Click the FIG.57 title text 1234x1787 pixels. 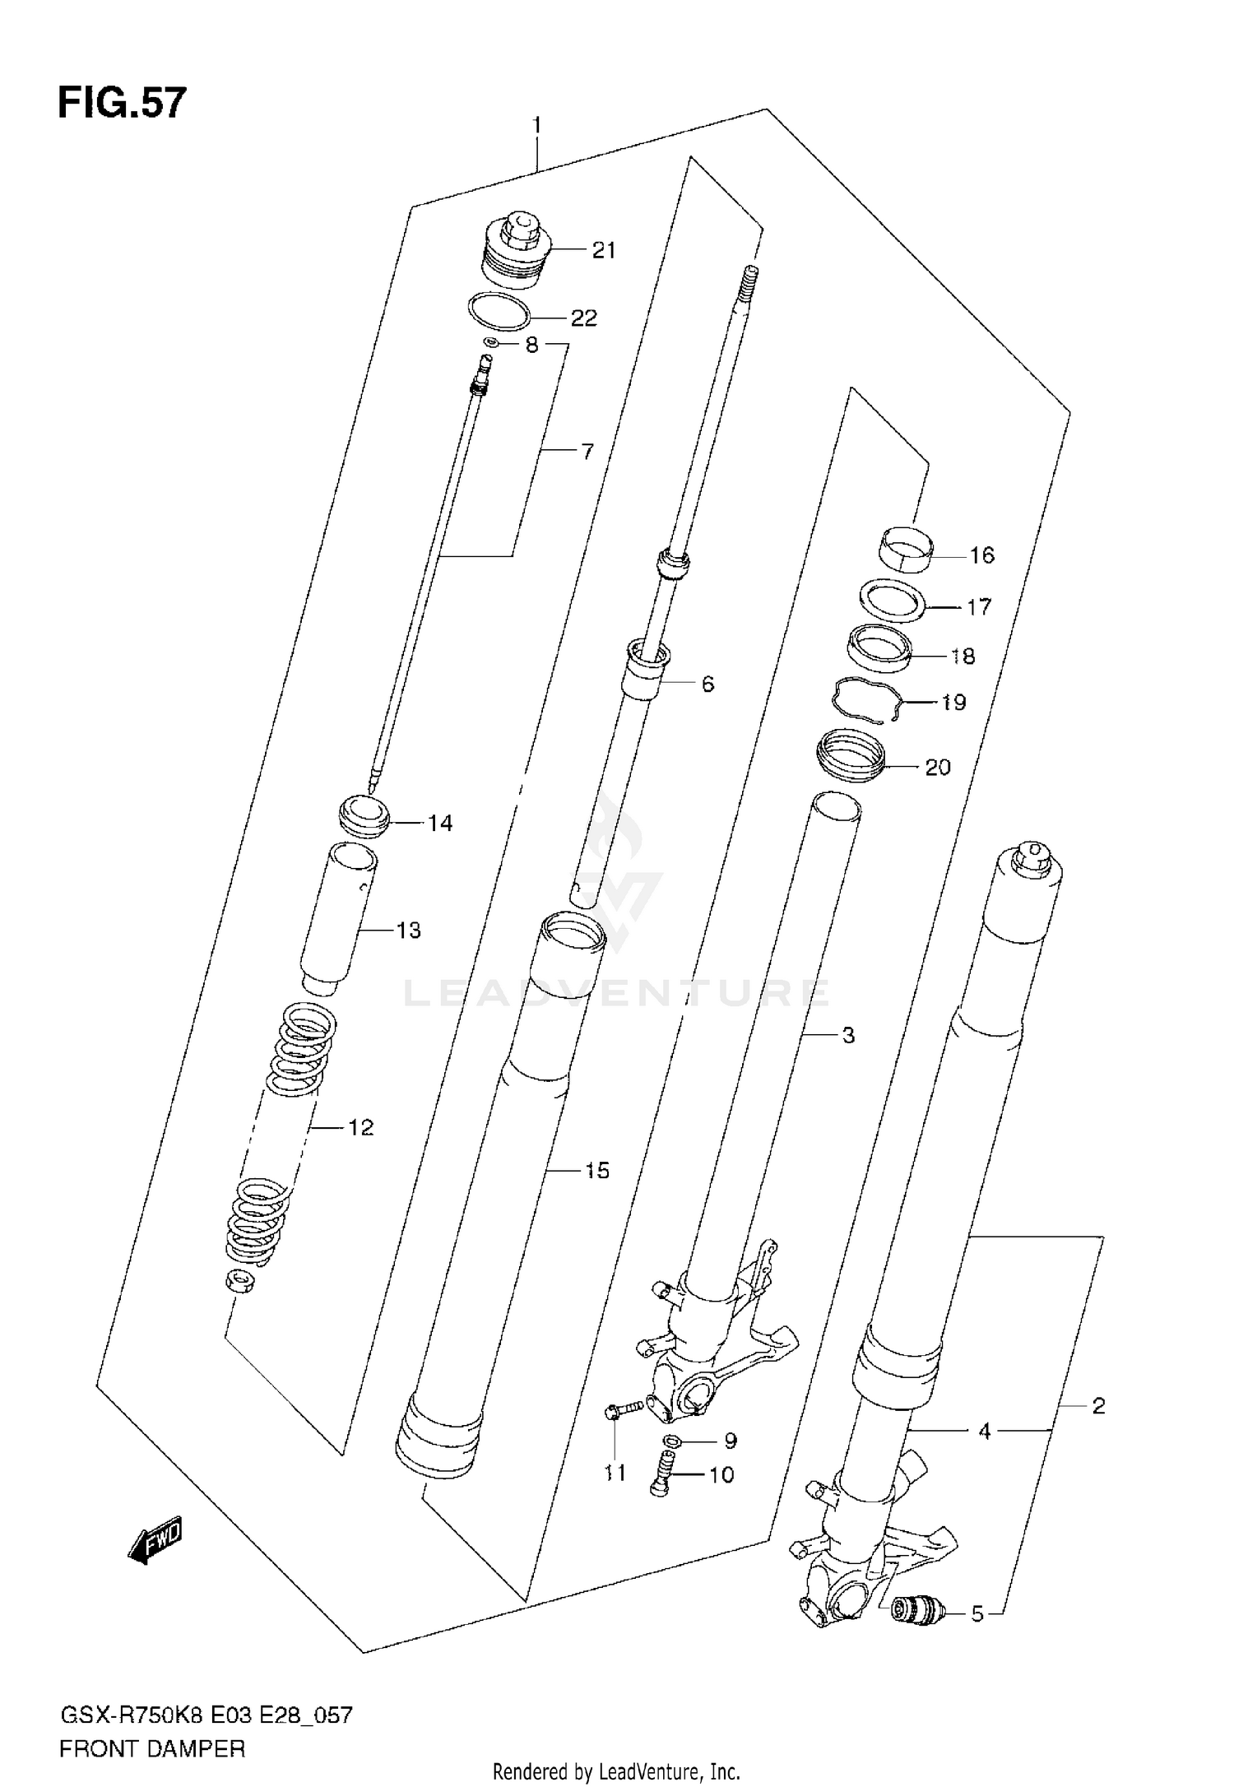click(x=122, y=104)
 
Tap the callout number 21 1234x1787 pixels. click(x=604, y=250)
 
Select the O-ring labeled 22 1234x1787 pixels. click(x=499, y=311)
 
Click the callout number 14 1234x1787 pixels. click(x=440, y=823)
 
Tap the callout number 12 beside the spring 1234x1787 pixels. click(x=360, y=1127)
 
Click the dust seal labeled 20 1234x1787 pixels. click(x=851, y=755)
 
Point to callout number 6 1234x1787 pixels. click(x=707, y=684)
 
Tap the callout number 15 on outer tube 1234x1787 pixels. click(x=597, y=1170)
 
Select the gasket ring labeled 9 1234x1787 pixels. click(x=670, y=1441)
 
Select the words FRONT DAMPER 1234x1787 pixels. click(x=152, y=1748)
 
